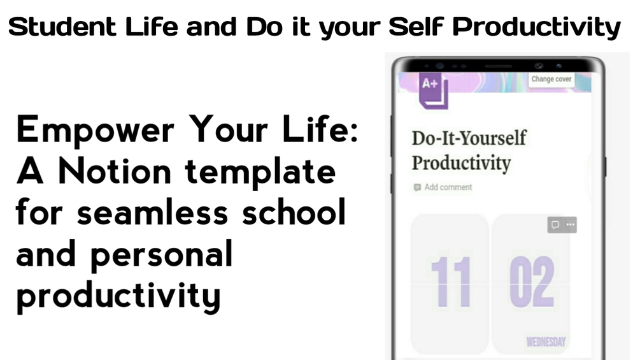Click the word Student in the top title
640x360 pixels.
[62, 27]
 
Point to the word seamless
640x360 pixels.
[152, 213]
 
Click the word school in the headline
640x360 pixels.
[294, 212]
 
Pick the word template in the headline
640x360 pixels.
[260, 173]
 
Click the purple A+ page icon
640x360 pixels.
[434, 90]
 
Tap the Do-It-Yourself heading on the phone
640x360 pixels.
[469, 138]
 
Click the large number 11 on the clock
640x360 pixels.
[451, 282]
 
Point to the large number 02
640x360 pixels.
[532, 282]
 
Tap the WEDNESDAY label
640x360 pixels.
[546, 342]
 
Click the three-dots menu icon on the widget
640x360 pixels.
[570, 225]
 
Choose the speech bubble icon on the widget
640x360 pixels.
[555, 225]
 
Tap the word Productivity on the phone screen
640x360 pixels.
[461, 163]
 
